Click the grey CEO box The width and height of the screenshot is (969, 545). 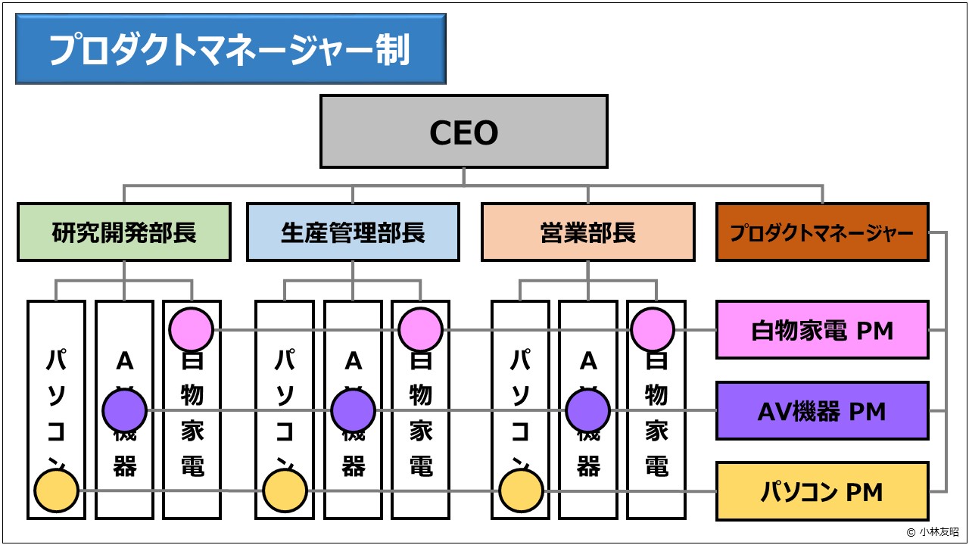[x=463, y=131]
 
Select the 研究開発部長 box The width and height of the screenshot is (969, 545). [x=124, y=232]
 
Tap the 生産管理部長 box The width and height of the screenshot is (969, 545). [x=353, y=232]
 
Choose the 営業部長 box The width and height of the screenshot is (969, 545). [x=587, y=232]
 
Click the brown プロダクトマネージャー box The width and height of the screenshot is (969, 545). [x=822, y=232]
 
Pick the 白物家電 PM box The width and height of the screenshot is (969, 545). [x=822, y=330]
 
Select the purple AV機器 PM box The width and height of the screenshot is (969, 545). [x=822, y=411]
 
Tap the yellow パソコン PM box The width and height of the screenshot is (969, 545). [x=822, y=492]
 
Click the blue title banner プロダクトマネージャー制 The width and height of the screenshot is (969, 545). [x=230, y=49]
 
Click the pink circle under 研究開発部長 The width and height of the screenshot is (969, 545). [x=191, y=330]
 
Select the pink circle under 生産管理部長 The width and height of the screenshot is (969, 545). [x=420, y=330]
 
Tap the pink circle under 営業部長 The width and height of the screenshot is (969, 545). [x=652, y=330]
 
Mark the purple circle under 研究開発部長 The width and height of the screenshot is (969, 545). [x=124, y=411]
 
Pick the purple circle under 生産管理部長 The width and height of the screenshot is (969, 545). [x=353, y=411]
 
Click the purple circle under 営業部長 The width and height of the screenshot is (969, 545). [x=587, y=411]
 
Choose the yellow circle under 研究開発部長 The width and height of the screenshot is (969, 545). [x=57, y=491]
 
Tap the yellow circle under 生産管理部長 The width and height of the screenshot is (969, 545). [x=285, y=491]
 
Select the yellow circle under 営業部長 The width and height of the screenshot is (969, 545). [x=521, y=491]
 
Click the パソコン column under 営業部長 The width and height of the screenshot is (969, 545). [x=521, y=394]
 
